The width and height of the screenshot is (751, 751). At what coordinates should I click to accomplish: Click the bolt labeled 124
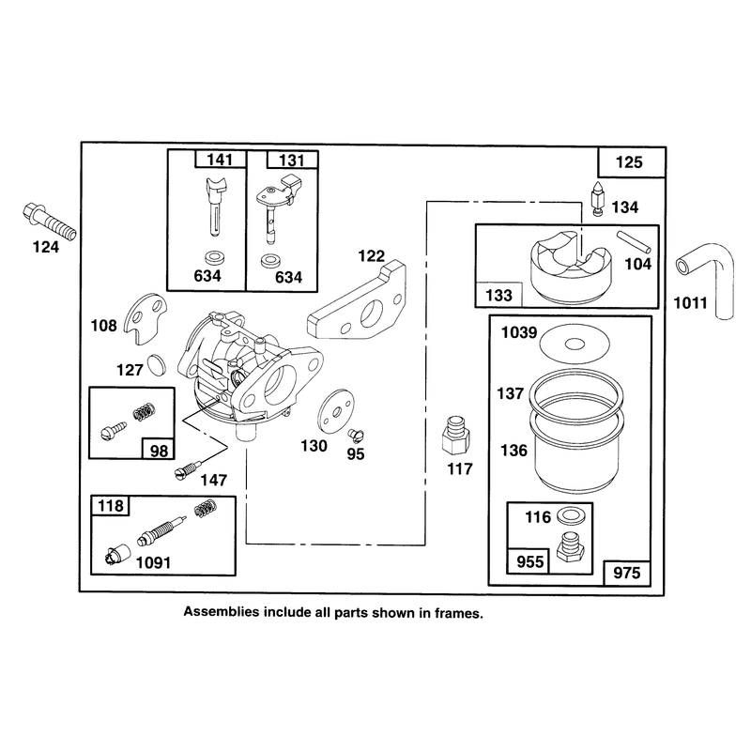(49, 222)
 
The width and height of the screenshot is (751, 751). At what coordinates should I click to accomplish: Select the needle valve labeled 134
(598, 199)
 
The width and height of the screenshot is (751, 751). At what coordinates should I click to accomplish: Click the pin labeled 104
(634, 242)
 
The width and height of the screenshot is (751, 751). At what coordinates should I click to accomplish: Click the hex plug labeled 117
(455, 436)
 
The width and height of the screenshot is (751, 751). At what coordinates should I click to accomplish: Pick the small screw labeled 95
(356, 435)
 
